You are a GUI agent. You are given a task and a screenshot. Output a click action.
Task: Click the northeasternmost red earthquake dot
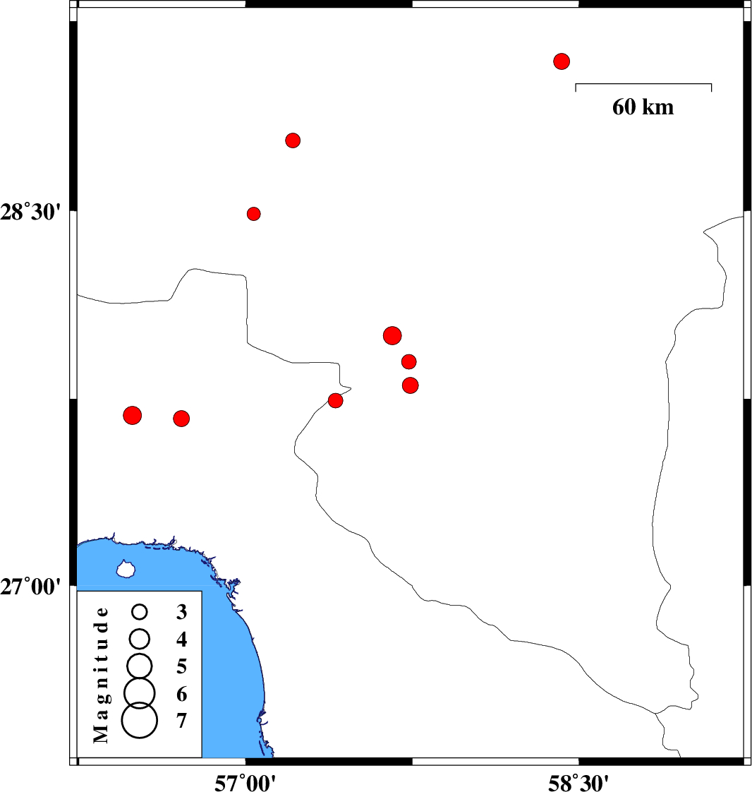[x=562, y=61]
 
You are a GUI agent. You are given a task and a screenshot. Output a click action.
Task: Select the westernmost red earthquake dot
[x=132, y=415]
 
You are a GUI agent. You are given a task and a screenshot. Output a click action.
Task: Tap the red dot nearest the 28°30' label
[x=254, y=214]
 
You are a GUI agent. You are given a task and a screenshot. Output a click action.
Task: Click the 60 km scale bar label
[x=643, y=107]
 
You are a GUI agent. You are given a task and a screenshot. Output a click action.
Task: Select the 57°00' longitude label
[x=245, y=782]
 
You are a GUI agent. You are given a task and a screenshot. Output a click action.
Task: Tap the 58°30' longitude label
[x=579, y=782]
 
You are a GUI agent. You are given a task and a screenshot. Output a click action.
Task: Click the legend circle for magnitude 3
[x=139, y=612]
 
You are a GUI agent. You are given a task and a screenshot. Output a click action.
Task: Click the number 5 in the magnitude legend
[x=182, y=666]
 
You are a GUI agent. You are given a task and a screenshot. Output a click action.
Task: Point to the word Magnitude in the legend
[x=102, y=675]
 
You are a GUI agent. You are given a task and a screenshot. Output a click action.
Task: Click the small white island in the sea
[x=126, y=569]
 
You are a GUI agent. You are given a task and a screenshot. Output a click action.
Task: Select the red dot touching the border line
[x=336, y=400]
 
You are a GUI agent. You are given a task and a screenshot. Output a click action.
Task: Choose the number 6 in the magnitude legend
[x=182, y=694]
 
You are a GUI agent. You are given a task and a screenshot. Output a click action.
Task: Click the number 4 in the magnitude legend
[x=182, y=640]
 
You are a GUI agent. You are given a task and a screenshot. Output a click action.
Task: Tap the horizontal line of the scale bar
[x=643, y=83]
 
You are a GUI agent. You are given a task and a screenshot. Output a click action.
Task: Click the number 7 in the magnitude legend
[x=182, y=721]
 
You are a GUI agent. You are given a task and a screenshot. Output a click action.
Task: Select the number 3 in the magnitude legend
[x=182, y=612]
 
